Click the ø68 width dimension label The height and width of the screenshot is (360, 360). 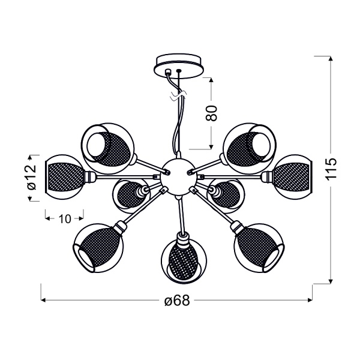[178, 300]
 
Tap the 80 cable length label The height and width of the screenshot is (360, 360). [211, 113]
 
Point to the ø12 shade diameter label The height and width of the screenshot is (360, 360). [32, 177]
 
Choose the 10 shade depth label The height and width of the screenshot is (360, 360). [65, 219]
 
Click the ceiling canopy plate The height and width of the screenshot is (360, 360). [179, 67]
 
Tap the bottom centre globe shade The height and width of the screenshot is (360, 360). [184, 261]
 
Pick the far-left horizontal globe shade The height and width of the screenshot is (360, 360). [65, 177]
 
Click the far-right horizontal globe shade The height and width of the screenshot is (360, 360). [291, 177]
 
